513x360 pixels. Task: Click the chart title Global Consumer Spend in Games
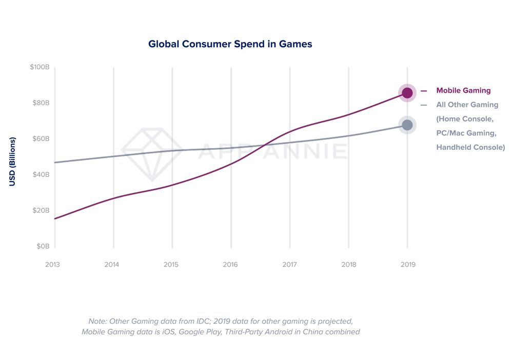coord(230,44)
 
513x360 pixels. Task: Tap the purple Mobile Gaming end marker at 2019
coord(407,93)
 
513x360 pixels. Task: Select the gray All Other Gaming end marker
coord(407,125)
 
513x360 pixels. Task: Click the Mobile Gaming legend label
coord(463,91)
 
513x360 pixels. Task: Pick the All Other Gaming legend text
coord(467,105)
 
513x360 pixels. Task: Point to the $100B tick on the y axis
coord(40,68)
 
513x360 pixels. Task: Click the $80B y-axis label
coord(40,103)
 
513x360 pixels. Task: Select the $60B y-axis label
coord(40,139)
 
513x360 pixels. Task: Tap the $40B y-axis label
coord(40,174)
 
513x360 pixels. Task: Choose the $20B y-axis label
coord(40,210)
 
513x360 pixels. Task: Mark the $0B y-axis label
coord(42,246)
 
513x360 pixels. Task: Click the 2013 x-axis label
coord(52,265)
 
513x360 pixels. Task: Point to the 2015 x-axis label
coord(171,265)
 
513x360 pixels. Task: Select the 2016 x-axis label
coord(230,265)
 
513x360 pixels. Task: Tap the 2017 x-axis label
coord(289,265)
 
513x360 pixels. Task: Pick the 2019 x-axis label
coord(408,265)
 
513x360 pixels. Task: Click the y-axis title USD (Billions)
coord(13,162)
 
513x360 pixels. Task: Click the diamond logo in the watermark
coord(152,152)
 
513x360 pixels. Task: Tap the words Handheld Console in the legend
coord(470,147)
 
